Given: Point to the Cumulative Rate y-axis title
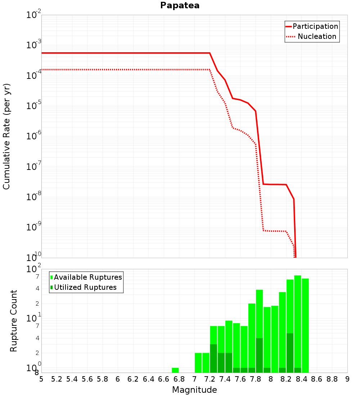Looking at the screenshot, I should [7, 136].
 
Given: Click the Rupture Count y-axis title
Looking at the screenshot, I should [14, 321].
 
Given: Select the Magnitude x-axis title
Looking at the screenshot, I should [194, 390].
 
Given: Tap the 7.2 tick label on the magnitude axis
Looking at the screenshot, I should [210, 379].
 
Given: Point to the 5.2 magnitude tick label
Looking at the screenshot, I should [57, 379].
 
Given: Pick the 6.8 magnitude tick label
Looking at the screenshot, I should [179, 379].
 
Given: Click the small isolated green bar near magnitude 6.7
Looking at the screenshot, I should [175, 370].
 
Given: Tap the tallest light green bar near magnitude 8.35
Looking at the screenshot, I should [297, 320].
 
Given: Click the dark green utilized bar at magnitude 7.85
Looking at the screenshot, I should [259, 355].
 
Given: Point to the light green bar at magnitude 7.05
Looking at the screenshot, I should [198, 363].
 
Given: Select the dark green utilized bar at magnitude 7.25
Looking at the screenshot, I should [213, 358].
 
